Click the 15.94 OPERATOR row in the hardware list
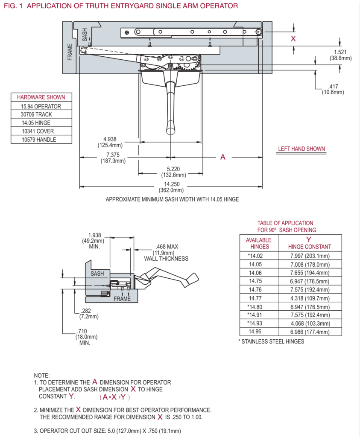pos(41,106)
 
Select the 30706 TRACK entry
pos(41,115)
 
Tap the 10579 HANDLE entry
pos(41,140)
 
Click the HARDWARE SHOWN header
pos(41,97)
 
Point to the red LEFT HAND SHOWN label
pos(301,149)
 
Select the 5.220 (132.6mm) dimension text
pos(170,172)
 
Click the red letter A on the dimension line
pos(222,157)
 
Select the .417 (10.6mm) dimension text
pos(333,89)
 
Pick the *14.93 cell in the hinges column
pos(258,323)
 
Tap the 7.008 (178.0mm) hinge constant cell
pos(310,264)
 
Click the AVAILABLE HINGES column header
pos(258,243)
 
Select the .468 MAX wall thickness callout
pos(166,253)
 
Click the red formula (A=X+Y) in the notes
pos(115,397)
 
